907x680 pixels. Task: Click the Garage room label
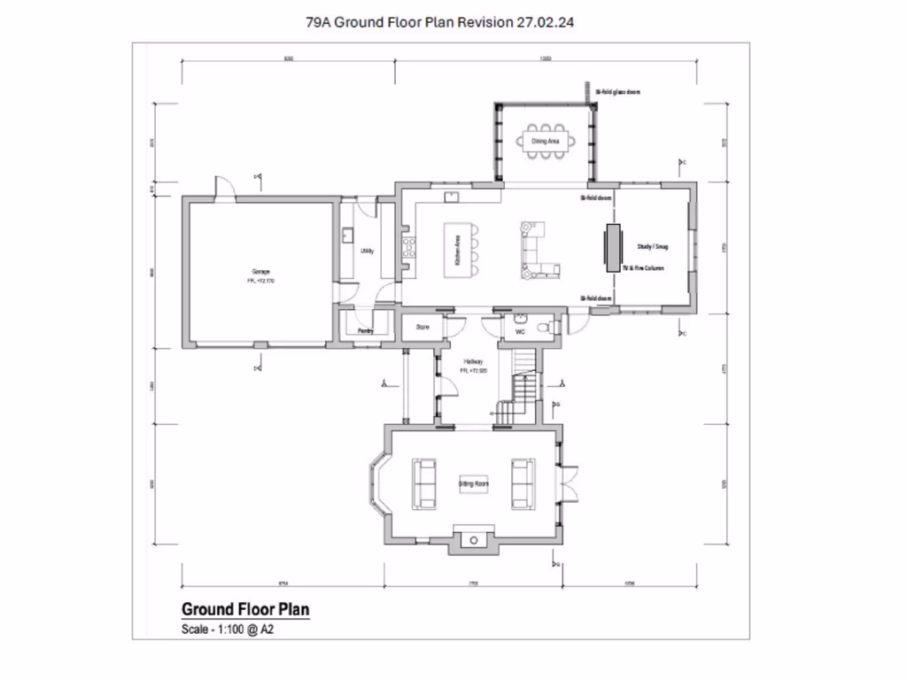[260, 271]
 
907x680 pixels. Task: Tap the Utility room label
[367, 251]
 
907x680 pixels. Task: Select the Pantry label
[366, 331]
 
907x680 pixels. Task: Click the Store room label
[423, 328]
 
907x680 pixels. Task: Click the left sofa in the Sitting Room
[423, 483]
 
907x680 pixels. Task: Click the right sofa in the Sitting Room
[523, 483]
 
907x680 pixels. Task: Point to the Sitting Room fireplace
[474, 538]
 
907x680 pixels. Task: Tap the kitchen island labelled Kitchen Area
[457, 251]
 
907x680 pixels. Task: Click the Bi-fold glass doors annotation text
[618, 91]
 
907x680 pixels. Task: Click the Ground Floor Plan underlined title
[245, 609]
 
